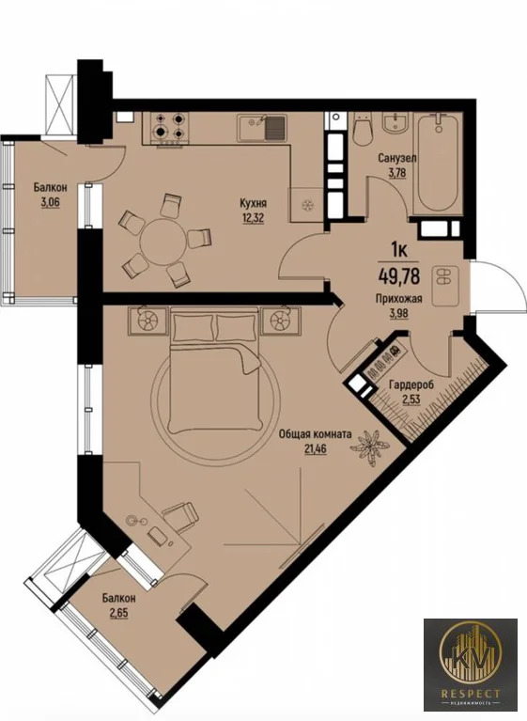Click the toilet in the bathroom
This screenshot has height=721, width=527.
(x=364, y=128)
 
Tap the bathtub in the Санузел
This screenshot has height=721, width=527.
(x=438, y=164)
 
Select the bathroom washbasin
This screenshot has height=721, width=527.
(x=395, y=123)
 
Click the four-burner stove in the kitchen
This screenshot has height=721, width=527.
(x=168, y=127)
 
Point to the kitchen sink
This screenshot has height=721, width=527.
(x=261, y=128)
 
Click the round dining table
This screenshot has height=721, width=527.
(x=163, y=242)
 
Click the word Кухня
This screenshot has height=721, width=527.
(x=253, y=203)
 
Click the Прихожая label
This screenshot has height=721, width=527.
(x=399, y=299)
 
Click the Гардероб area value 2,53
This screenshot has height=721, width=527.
(x=411, y=400)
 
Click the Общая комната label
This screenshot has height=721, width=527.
(x=316, y=434)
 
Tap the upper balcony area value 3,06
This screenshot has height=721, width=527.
(x=50, y=202)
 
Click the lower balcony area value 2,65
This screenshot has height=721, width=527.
(x=119, y=613)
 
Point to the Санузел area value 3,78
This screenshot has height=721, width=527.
(x=397, y=173)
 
